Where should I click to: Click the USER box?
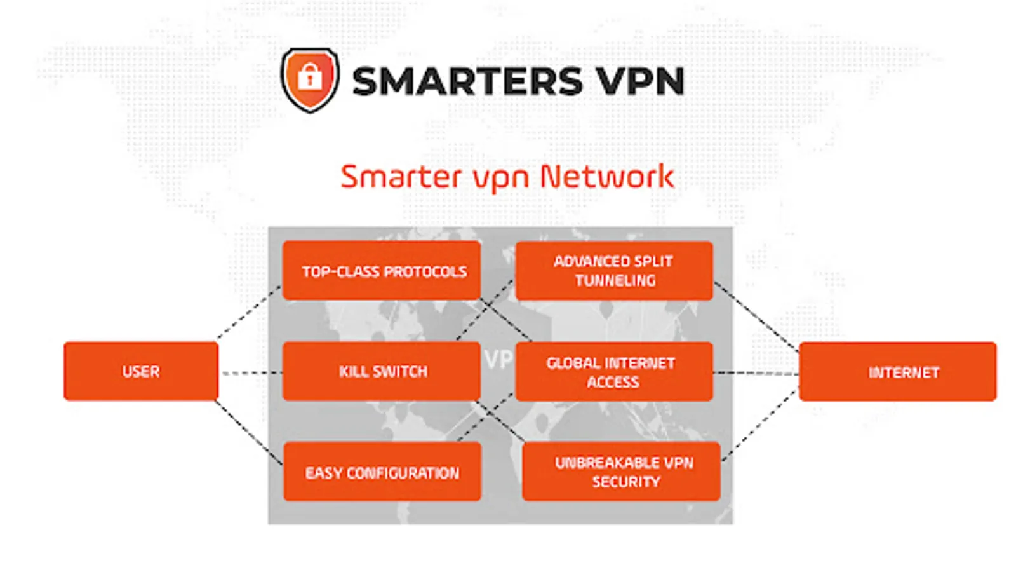141,371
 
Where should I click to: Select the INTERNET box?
897,372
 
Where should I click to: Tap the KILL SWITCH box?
381,371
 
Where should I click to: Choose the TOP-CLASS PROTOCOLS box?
381,271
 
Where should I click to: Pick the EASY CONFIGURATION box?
382,472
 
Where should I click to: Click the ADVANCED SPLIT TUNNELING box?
614,271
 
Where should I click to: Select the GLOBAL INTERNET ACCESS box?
614,372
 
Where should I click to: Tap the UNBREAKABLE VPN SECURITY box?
621,472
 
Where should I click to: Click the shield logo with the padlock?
310,79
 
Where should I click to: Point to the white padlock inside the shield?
310,76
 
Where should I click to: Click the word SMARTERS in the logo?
467,81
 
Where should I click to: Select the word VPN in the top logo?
639,81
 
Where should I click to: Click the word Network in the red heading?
606,177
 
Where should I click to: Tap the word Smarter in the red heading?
401,177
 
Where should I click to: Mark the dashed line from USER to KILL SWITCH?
251,373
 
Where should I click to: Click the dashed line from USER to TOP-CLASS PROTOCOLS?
248,313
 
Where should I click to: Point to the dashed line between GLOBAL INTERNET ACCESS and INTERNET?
756,373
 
